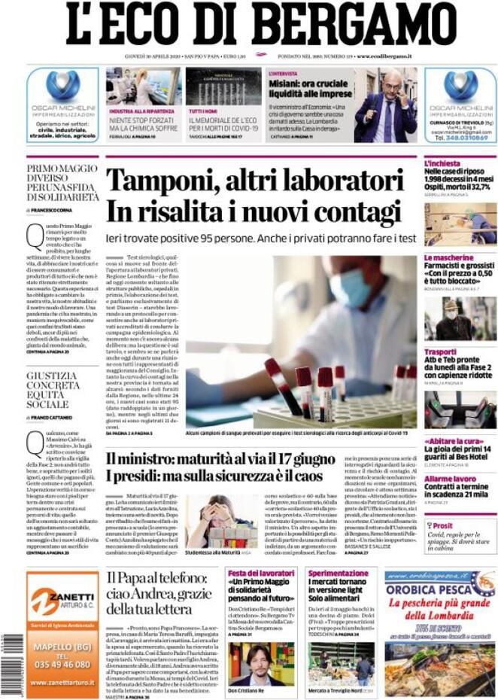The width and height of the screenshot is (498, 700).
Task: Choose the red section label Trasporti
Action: tap(440, 352)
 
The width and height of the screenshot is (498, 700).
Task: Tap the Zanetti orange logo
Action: tap(62, 600)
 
